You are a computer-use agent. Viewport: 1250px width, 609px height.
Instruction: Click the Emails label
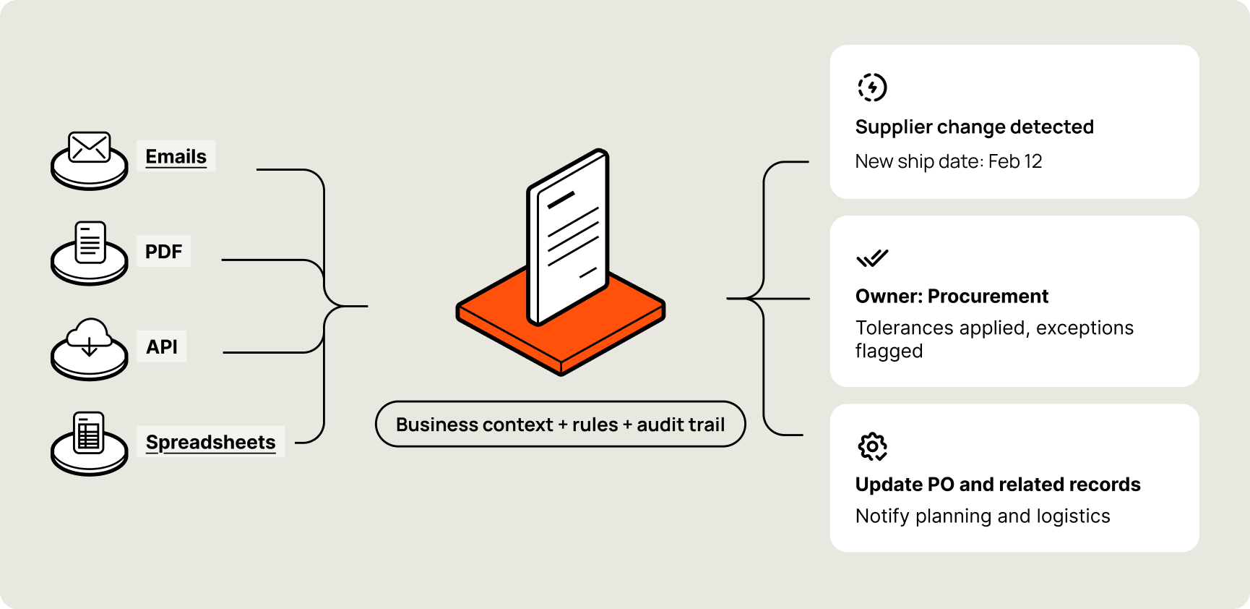176,156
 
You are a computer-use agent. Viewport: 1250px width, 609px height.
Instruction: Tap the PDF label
163,252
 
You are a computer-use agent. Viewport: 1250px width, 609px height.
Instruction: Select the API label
161,347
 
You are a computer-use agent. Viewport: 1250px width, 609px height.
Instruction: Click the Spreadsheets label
210,442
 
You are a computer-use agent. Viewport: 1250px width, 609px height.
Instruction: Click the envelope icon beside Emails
89,148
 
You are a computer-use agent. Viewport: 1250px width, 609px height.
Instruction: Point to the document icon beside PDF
90,242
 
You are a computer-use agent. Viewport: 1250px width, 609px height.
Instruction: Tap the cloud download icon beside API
89,338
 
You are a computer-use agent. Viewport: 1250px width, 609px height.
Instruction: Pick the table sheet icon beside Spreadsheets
89,433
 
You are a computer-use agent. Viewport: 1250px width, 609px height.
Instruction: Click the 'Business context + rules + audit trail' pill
560,425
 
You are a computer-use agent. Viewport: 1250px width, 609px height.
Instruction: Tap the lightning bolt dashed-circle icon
872,88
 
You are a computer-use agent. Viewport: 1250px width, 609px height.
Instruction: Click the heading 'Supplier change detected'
974,127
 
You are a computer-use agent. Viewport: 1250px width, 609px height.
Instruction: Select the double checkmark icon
872,258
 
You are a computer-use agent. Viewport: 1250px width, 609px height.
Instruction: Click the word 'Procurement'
988,297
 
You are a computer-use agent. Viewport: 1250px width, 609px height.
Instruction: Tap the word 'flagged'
889,352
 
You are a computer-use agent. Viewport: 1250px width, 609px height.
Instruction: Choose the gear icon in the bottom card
872,447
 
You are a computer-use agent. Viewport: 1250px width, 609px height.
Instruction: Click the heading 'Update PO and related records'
997,485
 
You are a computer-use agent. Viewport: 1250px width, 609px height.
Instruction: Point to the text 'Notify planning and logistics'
982,516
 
